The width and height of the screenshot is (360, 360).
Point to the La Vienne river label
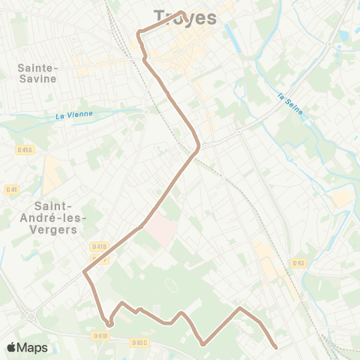(x=74, y=115)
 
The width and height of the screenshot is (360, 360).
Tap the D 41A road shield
(x=24, y=150)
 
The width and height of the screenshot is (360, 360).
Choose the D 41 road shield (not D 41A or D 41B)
(x=11, y=189)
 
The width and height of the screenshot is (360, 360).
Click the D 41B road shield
(x=99, y=246)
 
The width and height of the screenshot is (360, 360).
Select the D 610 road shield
(x=102, y=336)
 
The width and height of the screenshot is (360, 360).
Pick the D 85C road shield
(x=139, y=343)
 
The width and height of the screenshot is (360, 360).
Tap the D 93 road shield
(x=298, y=262)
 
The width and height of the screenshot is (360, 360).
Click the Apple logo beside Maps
(x=12, y=347)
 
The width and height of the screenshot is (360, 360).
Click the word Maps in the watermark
(x=33, y=347)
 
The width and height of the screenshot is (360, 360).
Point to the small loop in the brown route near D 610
(x=109, y=323)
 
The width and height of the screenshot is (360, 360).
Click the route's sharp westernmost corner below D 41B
(x=84, y=273)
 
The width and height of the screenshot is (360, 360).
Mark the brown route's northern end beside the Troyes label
(x=182, y=11)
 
